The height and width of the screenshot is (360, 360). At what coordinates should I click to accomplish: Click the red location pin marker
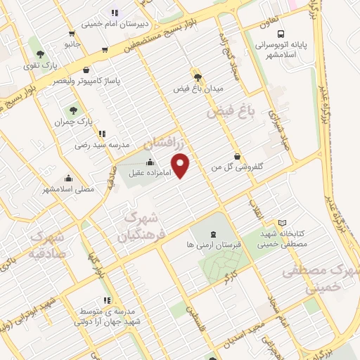[181, 165]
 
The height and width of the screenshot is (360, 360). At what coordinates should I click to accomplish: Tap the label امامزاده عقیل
[146, 172]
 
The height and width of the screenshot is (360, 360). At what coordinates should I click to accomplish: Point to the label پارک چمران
[69, 122]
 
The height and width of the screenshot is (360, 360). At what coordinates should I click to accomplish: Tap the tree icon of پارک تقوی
[39, 53]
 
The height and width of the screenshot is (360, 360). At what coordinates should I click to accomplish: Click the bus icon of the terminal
[281, 34]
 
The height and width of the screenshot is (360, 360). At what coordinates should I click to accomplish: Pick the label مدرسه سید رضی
[103, 144]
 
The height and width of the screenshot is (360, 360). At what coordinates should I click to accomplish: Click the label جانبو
[72, 44]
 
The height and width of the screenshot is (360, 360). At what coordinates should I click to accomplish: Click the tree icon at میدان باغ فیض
[197, 78]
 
